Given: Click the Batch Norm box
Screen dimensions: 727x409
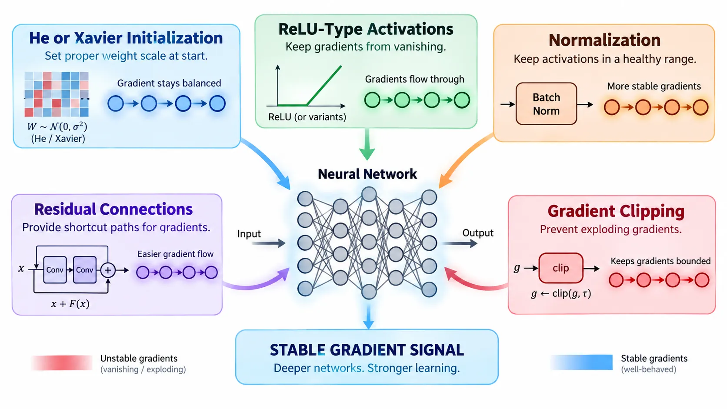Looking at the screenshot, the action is coord(546,104).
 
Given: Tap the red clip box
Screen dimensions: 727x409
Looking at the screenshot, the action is coord(561,268).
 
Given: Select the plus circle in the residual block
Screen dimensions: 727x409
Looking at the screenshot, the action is coord(108,270).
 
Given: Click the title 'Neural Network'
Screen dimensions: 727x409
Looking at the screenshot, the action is coord(367,174).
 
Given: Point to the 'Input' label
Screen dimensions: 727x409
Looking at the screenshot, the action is coord(249,233).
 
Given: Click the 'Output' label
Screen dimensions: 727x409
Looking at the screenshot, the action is coord(478,233).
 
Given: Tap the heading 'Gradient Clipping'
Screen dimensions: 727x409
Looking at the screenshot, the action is coord(616,212).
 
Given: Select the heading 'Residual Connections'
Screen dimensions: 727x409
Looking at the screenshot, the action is coord(113,209).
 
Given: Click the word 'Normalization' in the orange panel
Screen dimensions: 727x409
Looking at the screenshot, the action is coord(605,40).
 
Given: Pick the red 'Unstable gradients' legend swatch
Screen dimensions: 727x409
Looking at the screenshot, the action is coord(62,362).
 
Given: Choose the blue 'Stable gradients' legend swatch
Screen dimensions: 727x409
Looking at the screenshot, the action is coord(582,362).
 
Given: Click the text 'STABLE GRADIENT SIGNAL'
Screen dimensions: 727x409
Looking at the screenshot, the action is coord(367,350).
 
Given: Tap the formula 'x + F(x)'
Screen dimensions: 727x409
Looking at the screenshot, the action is coord(70,304).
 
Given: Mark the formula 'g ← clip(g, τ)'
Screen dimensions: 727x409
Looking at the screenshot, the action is coord(561,294).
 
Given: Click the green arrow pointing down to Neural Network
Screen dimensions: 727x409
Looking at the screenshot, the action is coord(367,144).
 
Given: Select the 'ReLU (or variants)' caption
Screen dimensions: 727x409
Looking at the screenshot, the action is coord(307,117).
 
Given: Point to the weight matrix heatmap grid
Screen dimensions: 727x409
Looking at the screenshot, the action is coord(57,94).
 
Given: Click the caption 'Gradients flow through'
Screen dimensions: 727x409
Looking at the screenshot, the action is coord(414,79).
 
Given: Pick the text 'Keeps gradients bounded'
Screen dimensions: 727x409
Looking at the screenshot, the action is coord(660,261).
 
